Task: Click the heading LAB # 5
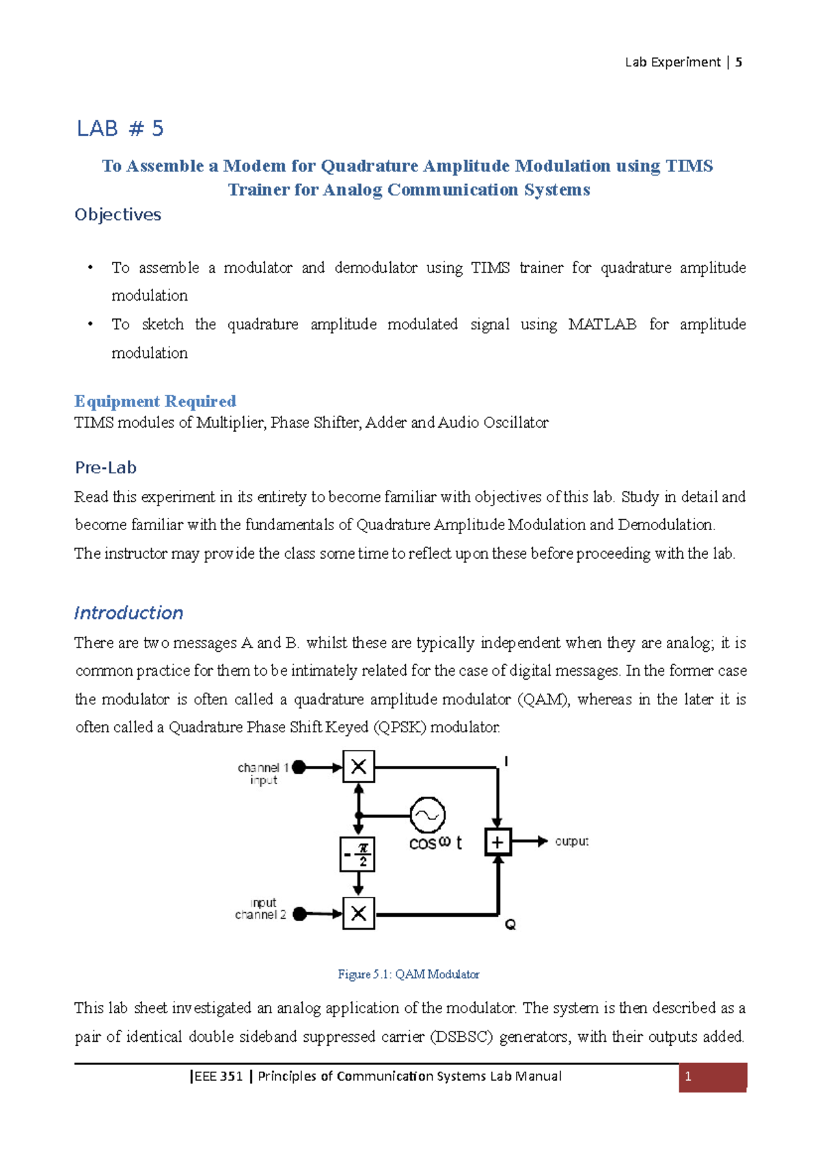point(120,128)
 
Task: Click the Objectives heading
point(118,215)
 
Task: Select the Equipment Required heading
point(155,401)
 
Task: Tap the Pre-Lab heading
point(105,467)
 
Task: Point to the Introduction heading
point(128,613)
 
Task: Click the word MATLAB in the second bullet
point(601,324)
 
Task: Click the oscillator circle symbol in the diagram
point(428,814)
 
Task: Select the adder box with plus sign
point(497,842)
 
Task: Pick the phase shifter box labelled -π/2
point(357,854)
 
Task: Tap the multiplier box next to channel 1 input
point(358,767)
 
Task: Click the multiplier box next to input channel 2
point(358,913)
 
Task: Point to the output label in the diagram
point(572,842)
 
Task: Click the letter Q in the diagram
point(510,924)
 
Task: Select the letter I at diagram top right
point(506,761)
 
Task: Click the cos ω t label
point(435,843)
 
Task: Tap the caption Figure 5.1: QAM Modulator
point(409,974)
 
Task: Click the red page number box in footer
point(712,1077)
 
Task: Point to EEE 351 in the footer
point(218,1077)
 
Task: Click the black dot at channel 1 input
point(299,768)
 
